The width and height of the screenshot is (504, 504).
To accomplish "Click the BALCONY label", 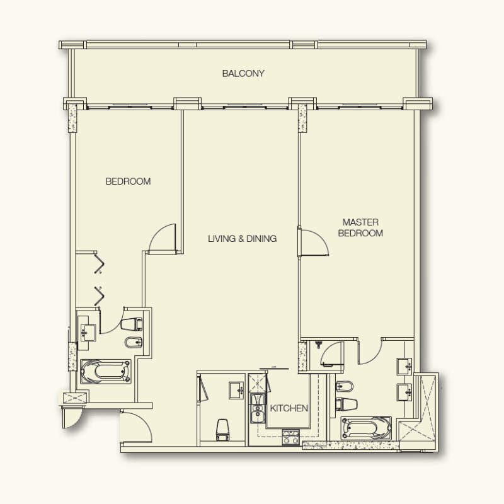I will click(243, 74).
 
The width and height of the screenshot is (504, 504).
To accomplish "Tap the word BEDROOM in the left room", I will click(128, 181).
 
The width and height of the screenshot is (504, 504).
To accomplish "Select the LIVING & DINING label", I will click(243, 239).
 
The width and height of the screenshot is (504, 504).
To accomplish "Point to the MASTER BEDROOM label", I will click(360, 227).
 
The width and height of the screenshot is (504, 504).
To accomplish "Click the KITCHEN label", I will click(289, 408).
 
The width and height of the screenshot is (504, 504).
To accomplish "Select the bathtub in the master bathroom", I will click(365, 428).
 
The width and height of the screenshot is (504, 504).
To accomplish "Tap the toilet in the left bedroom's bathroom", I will click(133, 324).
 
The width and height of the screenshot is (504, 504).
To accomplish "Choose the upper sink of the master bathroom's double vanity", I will click(403, 366).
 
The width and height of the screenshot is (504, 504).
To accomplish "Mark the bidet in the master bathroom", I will click(346, 386).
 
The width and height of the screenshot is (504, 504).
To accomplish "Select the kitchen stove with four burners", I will click(290, 436).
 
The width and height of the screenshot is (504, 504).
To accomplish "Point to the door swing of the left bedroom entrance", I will click(163, 237).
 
